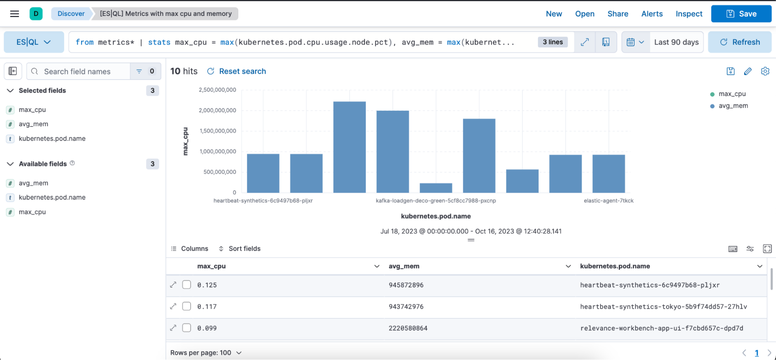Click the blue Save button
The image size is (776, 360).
[741, 14]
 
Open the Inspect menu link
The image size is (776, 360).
[689, 14]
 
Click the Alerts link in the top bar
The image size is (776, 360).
[652, 14]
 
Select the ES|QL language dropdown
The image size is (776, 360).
[34, 42]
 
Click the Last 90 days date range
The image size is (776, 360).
[676, 42]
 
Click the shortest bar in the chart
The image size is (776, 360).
[436, 188]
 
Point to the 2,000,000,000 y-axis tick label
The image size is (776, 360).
[217, 110]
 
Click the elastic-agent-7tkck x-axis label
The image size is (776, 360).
[608, 201]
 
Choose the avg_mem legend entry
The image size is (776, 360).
[733, 106]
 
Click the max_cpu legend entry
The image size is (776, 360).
[732, 94]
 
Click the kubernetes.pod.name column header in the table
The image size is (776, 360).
[615, 266]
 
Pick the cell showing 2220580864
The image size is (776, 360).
[408, 328]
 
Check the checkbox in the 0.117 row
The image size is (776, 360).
[187, 306]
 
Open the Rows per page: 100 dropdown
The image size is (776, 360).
[206, 353]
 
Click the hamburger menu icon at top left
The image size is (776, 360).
[15, 14]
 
